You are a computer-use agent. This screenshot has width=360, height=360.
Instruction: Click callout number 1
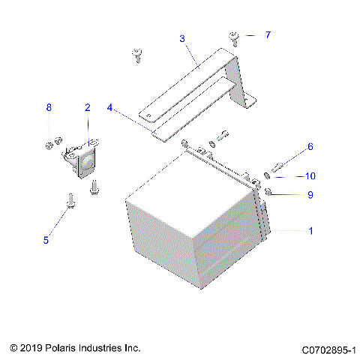point(310,232)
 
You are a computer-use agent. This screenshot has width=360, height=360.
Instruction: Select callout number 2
point(87,108)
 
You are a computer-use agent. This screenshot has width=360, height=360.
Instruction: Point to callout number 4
point(109,108)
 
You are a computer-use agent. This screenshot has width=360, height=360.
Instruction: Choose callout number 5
point(46,240)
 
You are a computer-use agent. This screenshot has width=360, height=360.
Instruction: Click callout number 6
point(310,147)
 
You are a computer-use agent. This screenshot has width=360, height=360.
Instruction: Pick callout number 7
point(268,34)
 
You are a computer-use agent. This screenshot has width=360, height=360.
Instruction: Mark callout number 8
point(49,108)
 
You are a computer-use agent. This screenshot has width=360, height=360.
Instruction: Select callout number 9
point(310,195)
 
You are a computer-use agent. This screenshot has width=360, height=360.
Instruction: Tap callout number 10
point(310,176)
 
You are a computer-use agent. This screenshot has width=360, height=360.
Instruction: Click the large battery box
point(195,225)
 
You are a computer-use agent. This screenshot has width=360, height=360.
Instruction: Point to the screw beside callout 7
point(235,37)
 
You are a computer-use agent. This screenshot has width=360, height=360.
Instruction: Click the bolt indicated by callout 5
point(69,199)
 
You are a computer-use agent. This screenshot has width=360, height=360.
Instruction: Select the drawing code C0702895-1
point(328,349)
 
